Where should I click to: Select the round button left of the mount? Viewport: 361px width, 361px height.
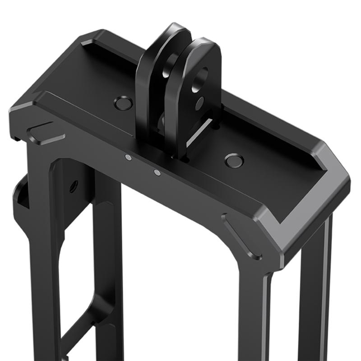click(122, 103)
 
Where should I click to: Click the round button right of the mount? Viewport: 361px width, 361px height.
click(234, 160)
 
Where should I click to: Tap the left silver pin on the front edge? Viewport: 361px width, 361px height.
click(128, 157)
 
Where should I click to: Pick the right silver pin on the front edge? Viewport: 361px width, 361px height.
click(157, 172)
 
